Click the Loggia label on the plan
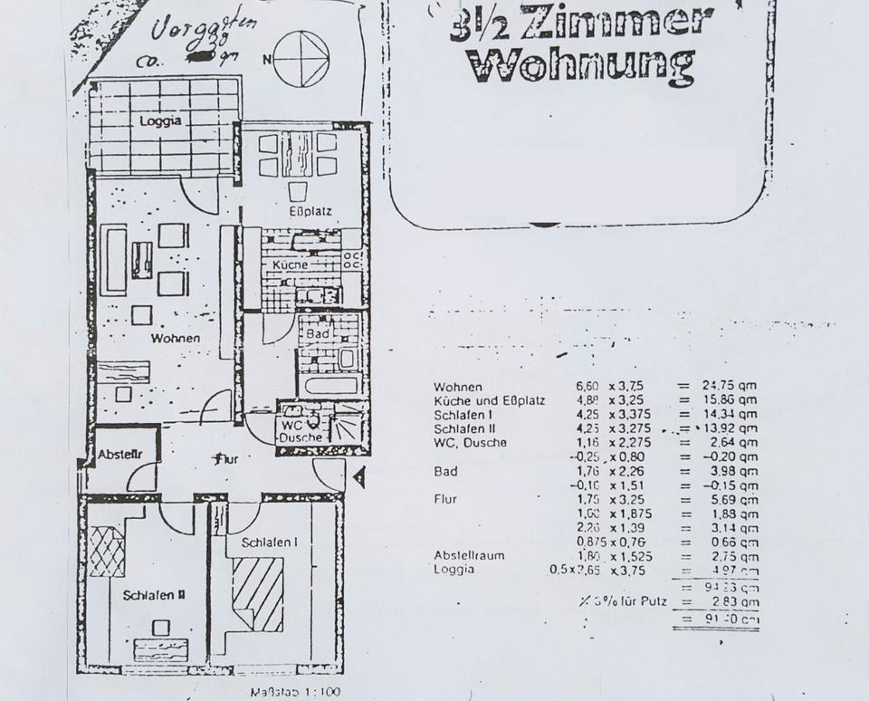[x=160, y=120]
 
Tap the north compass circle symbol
[x=301, y=60]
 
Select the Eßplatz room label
[x=310, y=212]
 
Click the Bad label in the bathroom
[x=317, y=333]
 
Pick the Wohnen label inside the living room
[x=176, y=339]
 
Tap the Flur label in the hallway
[x=224, y=459]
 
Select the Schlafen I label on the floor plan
[x=268, y=542]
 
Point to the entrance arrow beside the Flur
[x=359, y=476]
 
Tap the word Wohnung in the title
[x=582, y=66]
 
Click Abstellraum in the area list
[x=469, y=555]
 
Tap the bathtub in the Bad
[x=330, y=384]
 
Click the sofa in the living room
[x=113, y=261]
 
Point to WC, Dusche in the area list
[x=470, y=443]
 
